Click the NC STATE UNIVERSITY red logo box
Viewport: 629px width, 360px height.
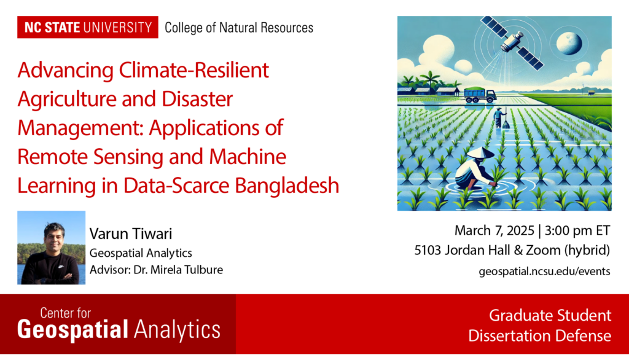[87, 27]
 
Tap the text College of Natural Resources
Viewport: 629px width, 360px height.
[239, 28]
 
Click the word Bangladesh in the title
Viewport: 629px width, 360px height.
[287, 185]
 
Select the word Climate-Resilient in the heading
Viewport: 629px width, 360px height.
[193, 70]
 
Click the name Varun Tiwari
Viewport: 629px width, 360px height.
[131, 233]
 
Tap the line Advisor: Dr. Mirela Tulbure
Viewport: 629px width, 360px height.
[156, 270]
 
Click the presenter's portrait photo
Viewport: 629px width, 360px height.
[52, 248]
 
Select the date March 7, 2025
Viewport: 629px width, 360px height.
[494, 231]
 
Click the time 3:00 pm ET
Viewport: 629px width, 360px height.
[577, 231]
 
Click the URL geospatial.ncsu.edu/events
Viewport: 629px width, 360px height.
[544, 272]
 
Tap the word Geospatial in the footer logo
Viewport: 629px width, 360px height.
[72, 329]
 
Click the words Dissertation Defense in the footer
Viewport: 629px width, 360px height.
[539, 335]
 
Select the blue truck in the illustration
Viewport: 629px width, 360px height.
[480, 95]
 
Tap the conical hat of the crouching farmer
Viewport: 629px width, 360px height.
[480, 153]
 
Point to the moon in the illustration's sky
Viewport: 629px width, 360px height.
[568, 43]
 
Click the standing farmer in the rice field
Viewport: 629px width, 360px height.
[500, 117]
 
